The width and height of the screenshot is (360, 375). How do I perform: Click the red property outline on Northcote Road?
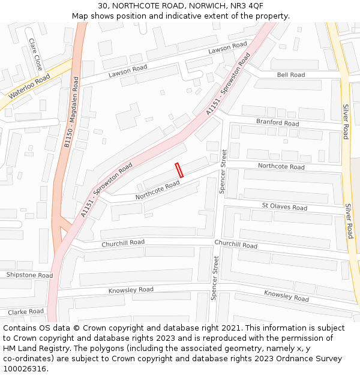[178, 170]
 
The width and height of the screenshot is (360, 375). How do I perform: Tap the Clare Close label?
[35, 55]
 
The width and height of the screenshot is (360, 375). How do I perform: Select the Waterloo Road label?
[29, 88]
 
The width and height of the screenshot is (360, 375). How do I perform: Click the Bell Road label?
[291, 75]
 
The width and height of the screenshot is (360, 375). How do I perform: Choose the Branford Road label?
[277, 123]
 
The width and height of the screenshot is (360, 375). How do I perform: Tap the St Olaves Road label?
[284, 207]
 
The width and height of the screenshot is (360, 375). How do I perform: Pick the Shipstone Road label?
[29, 275]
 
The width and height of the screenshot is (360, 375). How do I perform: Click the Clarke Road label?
[26, 311]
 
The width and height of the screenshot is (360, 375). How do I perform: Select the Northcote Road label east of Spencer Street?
[281, 166]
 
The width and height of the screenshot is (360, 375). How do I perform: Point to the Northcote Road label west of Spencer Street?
[157, 191]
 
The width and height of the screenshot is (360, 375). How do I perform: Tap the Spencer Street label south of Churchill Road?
[214, 278]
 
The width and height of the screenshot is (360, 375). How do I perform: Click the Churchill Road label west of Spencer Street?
[123, 243]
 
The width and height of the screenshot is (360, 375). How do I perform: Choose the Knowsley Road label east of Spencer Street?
[286, 295]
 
